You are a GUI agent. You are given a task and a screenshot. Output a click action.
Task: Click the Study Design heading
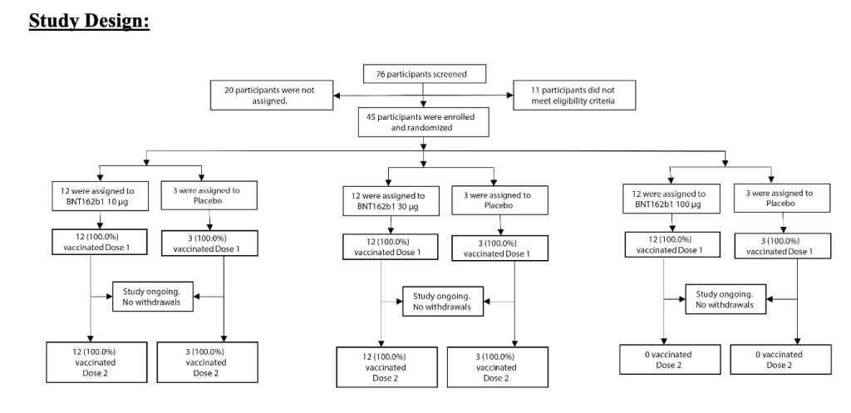tap(90, 20)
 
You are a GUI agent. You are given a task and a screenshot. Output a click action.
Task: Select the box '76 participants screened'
tap(425, 74)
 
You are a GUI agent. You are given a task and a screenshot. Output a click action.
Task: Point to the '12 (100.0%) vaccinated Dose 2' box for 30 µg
tap(382, 367)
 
